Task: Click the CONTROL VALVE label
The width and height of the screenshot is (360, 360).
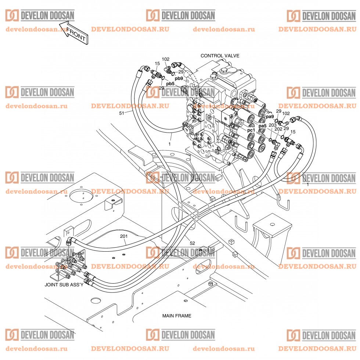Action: tap(220, 56)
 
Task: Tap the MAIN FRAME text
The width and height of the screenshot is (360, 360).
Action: tap(177, 316)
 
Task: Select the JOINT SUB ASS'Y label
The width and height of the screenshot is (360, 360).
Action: tap(64, 284)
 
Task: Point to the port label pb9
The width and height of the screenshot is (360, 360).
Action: tap(179, 79)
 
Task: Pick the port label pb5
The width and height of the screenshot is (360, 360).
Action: tap(170, 84)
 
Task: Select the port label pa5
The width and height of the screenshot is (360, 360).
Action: tap(262, 126)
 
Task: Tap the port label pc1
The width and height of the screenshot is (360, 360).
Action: tap(251, 130)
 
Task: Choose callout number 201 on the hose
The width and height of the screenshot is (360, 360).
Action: tap(124, 237)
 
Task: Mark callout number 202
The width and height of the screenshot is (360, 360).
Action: tap(278, 129)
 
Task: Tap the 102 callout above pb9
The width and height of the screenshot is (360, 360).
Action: tap(166, 59)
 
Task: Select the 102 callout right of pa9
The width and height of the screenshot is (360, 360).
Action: tap(285, 114)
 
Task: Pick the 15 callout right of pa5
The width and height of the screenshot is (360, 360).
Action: tap(293, 132)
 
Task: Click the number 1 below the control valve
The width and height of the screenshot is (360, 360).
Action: tap(169, 144)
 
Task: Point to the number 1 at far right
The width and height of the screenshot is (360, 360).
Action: tap(307, 183)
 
